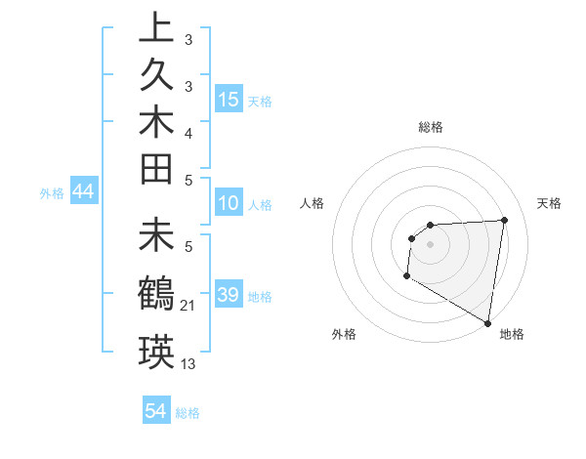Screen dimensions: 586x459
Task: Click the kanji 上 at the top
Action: click(156, 28)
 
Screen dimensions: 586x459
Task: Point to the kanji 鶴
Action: click(156, 293)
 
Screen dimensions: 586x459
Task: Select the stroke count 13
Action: click(188, 364)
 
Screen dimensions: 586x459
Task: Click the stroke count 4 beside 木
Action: click(188, 133)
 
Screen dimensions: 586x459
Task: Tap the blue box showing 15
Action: click(229, 100)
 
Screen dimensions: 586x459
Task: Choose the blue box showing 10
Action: click(229, 204)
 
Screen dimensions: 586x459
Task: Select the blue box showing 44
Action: click(84, 192)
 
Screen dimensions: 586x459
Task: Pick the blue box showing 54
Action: click(156, 411)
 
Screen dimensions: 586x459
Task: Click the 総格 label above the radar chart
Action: click(430, 127)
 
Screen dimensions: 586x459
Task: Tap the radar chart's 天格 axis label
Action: click(549, 203)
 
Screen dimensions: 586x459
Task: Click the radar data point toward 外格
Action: click(405, 277)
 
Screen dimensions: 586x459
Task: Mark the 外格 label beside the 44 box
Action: click(52, 193)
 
